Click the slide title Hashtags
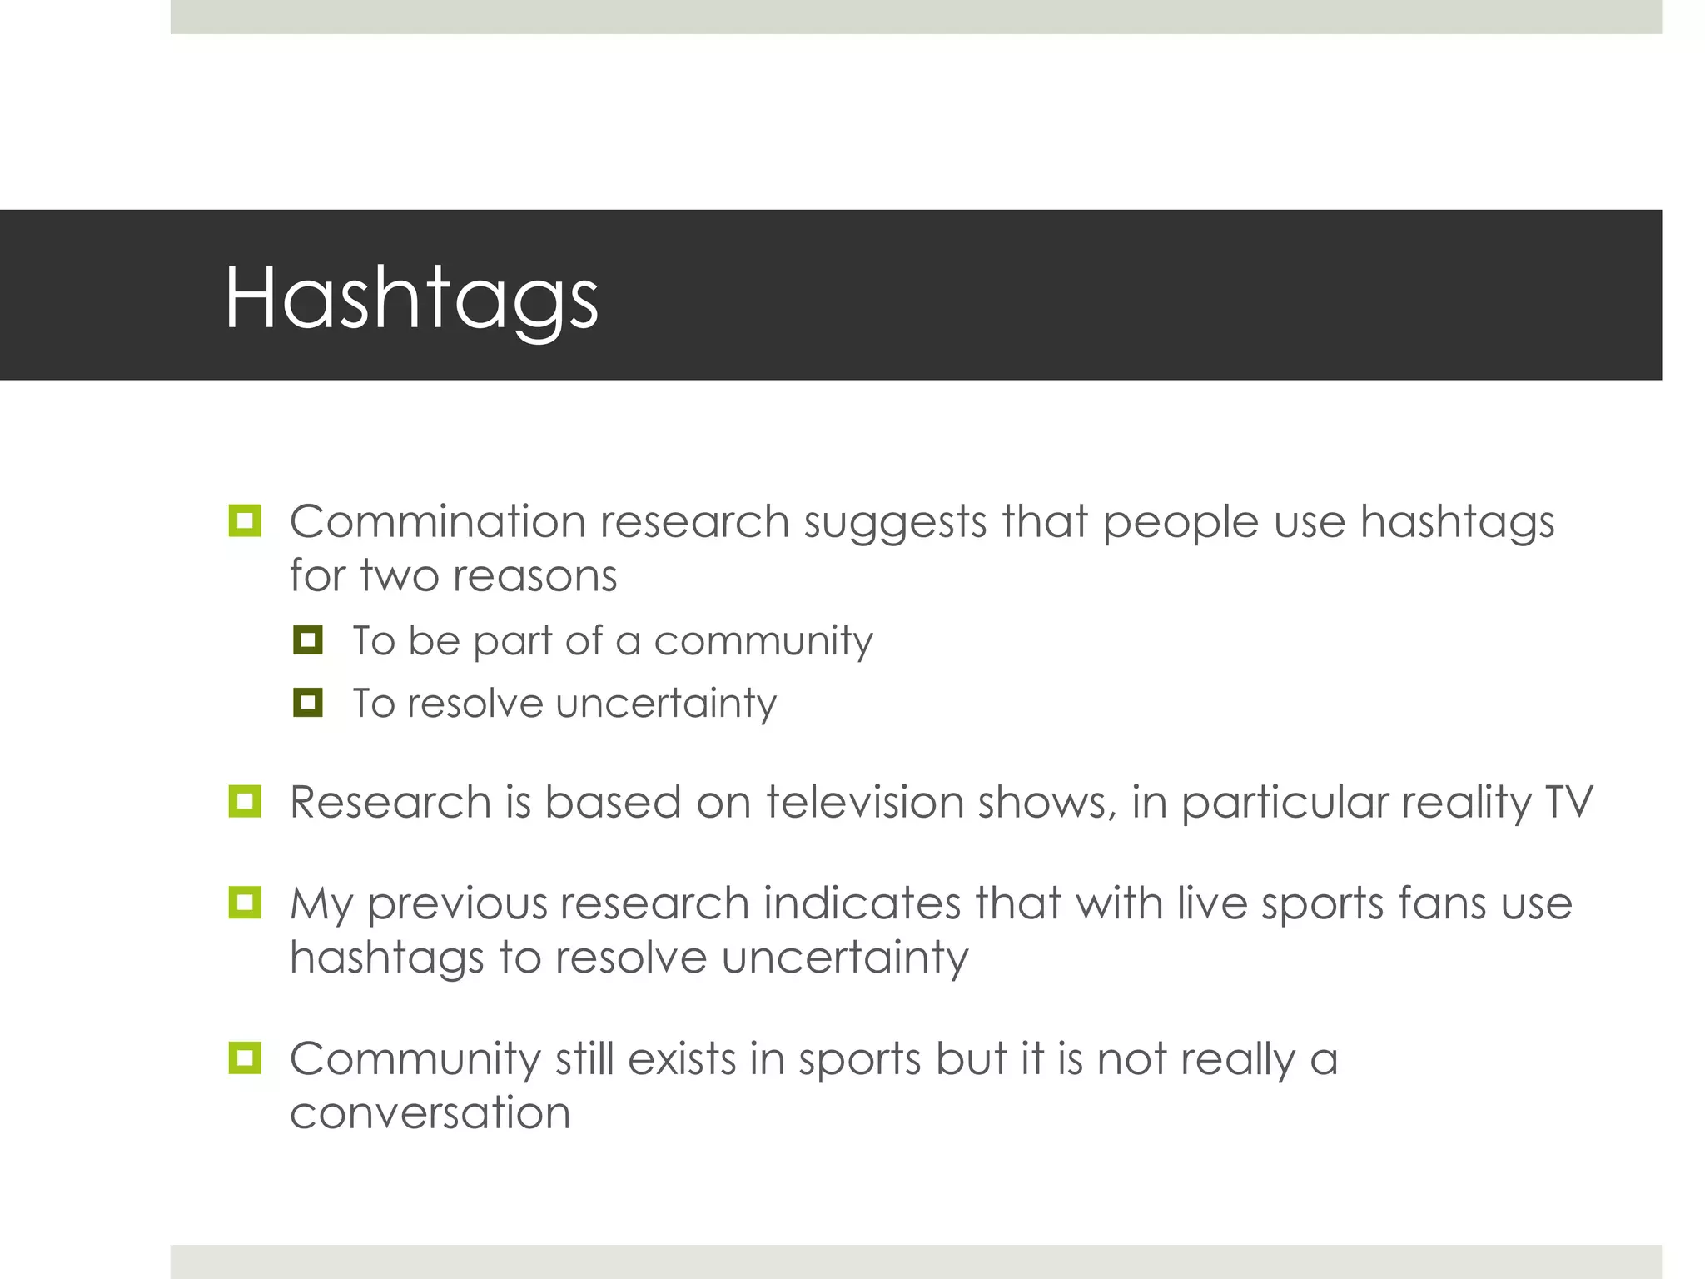(411, 298)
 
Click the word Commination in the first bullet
(438, 522)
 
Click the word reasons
(534, 576)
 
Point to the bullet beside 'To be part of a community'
(308, 640)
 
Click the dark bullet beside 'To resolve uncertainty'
(308, 703)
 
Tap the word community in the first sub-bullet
(763, 641)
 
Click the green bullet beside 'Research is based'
(245, 802)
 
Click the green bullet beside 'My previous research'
(245, 903)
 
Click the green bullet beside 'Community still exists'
(245, 1058)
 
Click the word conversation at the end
(430, 1113)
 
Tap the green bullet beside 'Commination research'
(245, 521)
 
